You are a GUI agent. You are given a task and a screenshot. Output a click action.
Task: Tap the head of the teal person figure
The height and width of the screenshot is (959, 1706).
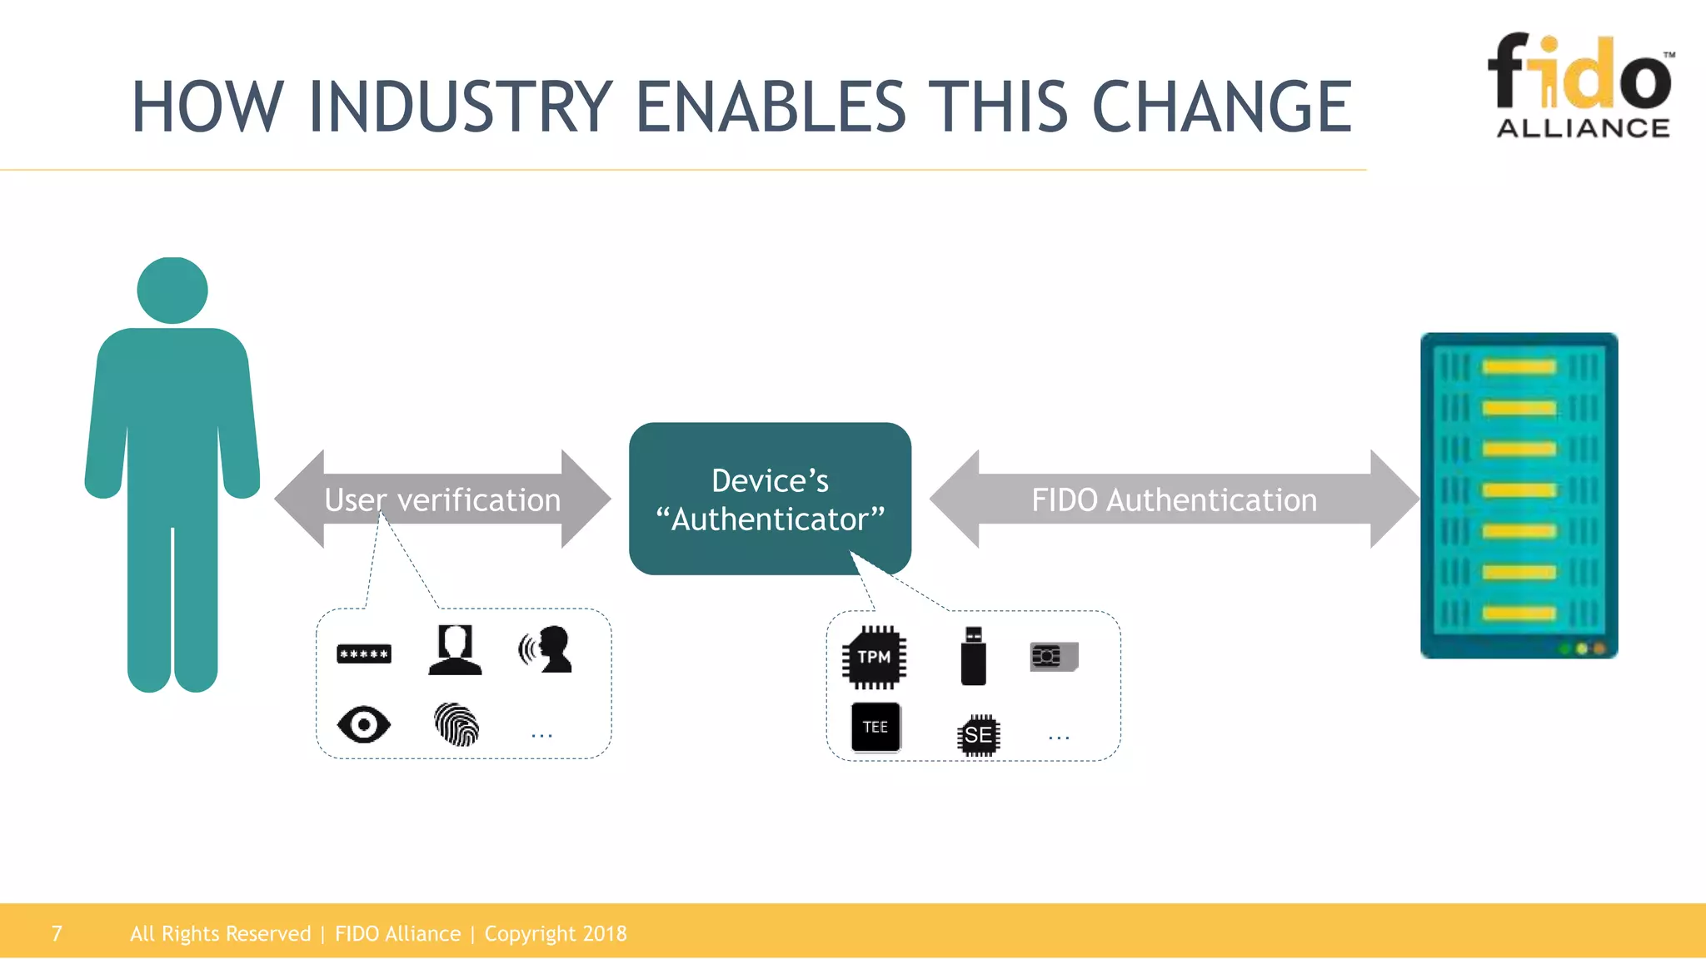172,290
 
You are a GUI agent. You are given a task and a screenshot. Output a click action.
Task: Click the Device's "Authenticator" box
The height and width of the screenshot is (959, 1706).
770,499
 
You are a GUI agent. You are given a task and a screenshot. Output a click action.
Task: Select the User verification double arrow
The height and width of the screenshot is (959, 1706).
442,499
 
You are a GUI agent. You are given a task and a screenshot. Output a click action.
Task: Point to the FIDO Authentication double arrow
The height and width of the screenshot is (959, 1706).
1174,499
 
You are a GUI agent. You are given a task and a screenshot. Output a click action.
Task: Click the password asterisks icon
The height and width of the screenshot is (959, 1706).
364,654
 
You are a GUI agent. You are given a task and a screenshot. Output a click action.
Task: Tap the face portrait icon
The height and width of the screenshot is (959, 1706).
455,650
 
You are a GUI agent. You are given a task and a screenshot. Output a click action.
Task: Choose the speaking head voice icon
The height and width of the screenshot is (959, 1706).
546,649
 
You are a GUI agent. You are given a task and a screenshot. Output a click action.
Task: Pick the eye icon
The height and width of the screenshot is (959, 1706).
364,724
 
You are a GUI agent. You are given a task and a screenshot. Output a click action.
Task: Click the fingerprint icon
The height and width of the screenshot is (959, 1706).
456,724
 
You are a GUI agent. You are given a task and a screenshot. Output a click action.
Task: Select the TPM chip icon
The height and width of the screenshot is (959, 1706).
874,658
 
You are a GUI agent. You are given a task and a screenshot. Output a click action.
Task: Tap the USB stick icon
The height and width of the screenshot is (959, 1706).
973,657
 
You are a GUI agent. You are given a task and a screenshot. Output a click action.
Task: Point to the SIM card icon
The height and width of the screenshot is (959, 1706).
1054,657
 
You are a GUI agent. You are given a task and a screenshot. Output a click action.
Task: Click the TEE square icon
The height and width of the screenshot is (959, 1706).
875,727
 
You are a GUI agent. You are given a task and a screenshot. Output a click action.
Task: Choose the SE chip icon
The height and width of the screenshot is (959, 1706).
978,735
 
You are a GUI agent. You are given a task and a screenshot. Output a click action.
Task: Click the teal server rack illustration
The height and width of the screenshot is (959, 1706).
1519,495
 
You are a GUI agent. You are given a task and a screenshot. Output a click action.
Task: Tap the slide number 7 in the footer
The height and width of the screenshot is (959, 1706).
57,933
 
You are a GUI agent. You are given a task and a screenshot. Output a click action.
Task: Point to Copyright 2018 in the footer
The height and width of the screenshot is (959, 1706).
556,933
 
